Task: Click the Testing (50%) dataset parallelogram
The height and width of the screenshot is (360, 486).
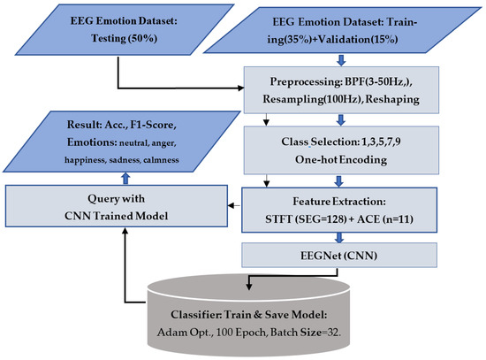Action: tap(124, 30)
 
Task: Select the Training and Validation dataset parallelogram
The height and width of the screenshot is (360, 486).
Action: tap(342, 30)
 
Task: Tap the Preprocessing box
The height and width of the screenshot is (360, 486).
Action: tap(341, 90)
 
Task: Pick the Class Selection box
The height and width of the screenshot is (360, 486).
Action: tap(341, 150)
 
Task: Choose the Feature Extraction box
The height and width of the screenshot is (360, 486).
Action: tap(339, 210)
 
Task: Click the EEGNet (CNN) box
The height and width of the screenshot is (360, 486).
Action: tap(339, 255)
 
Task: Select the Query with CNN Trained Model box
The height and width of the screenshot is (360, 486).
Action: tap(117, 206)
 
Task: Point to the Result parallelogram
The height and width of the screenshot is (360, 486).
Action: tap(122, 142)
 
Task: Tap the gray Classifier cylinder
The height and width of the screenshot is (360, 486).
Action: tap(248, 315)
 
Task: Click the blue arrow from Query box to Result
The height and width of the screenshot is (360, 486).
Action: tap(125, 179)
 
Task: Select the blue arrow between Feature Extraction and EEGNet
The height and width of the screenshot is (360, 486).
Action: tap(339, 238)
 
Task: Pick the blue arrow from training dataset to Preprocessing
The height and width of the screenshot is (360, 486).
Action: tap(341, 60)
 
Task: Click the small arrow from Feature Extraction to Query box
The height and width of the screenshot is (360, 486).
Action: tap(235, 205)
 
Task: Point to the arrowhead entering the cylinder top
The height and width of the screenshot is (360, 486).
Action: tap(248, 286)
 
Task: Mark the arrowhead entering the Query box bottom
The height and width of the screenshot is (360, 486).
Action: tap(125, 231)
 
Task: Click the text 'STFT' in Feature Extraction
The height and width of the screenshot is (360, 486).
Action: tap(278, 219)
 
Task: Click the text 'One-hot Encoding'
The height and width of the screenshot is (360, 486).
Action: tap(341, 159)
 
